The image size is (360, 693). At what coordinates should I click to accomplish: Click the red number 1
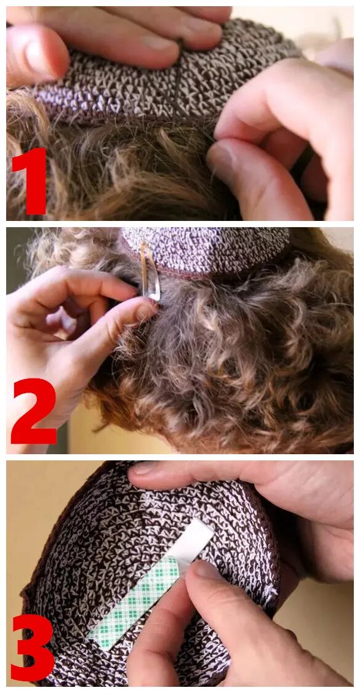(31, 180)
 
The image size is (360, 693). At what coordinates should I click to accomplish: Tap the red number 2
(34, 411)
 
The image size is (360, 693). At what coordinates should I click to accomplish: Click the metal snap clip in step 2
(150, 271)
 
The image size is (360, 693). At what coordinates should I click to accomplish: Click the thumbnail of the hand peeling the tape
(207, 570)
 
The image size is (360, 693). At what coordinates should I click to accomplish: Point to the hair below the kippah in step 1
(124, 168)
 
